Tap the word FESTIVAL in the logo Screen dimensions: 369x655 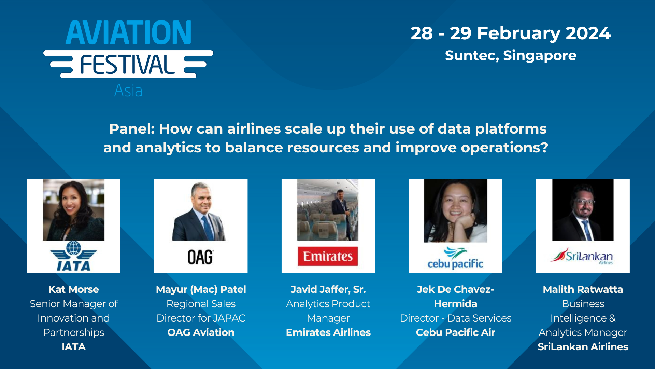point(127,65)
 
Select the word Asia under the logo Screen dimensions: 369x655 point(128,91)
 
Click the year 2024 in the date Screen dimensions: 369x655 point(588,33)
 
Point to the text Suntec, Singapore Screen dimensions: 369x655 point(510,55)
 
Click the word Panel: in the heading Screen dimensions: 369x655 point(132,129)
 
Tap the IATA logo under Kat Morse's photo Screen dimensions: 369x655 point(73,256)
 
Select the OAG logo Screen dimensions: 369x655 point(200,257)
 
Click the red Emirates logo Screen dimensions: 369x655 point(328,256)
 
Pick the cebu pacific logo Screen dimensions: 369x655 point(455,259)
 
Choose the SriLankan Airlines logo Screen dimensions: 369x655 point(582,257)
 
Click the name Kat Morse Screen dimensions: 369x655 point(74,289)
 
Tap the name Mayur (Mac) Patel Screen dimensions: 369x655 point(201,289)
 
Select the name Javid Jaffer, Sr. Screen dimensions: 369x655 point(328,289)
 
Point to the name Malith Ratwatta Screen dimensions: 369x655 point(583,289)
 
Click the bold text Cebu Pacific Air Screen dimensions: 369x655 point(455,332)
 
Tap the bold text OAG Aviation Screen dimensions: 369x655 point(201,332)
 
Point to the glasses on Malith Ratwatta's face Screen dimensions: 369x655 point(585,202)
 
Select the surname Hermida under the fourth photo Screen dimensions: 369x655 point(455,304)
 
